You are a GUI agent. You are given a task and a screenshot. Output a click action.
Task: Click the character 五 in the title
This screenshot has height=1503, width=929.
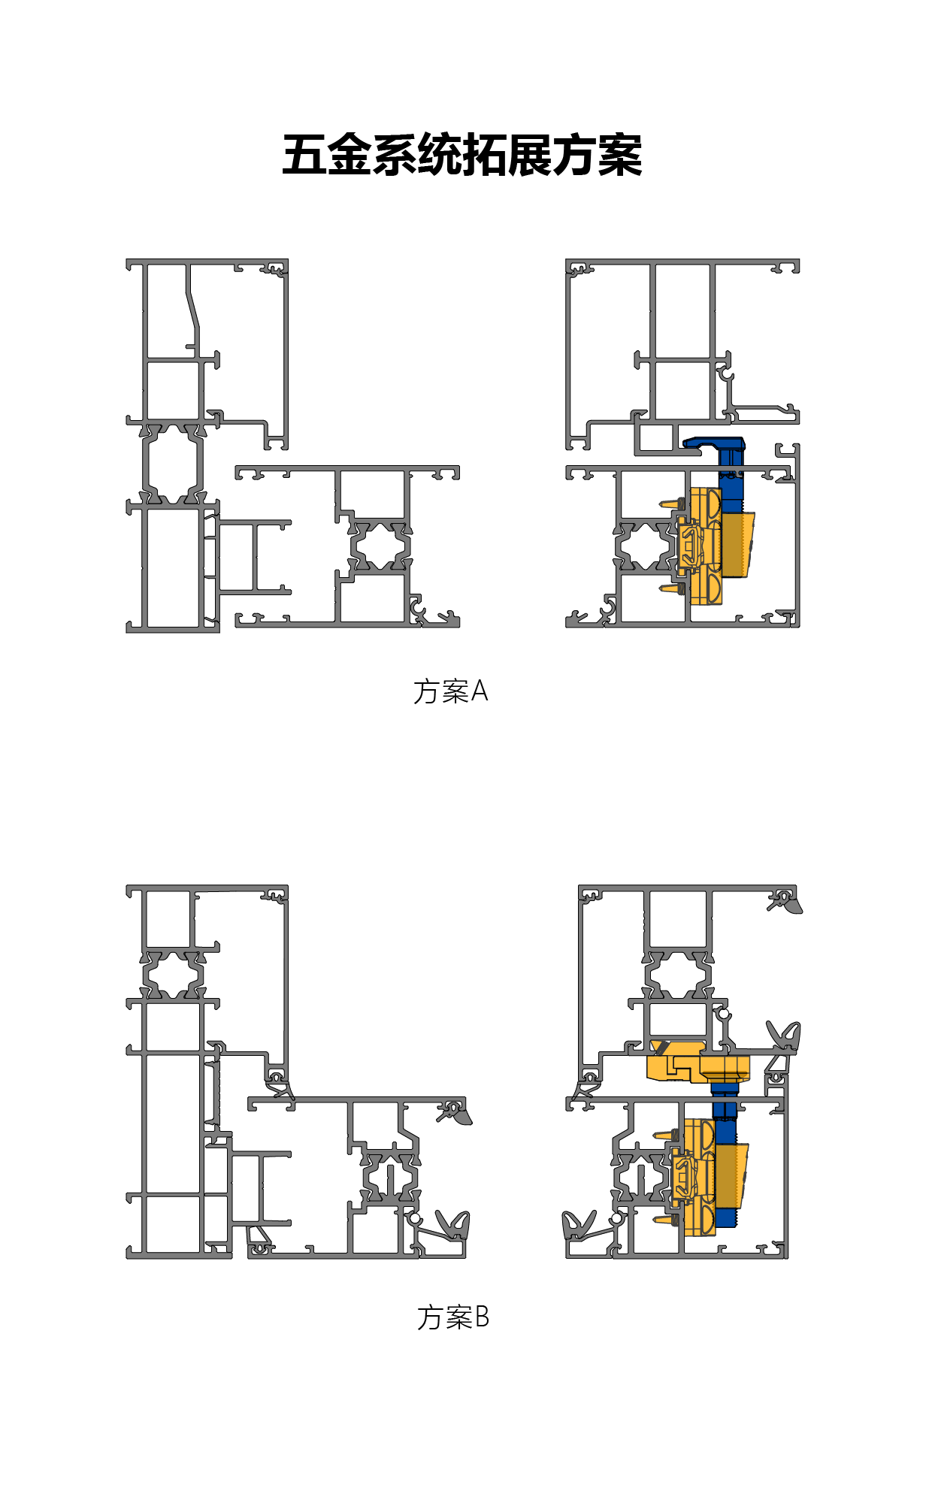[304, 156]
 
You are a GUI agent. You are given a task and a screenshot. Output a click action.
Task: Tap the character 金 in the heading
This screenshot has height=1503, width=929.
[350, 156]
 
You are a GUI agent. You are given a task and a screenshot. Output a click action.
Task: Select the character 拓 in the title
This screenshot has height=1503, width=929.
[485, 156]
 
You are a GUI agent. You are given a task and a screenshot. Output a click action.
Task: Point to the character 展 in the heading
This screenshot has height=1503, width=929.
[530, 156]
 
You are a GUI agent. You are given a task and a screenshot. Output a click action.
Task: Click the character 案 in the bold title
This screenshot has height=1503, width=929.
[620, 156]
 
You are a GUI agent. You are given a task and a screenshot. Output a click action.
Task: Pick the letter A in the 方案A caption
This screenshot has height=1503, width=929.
[480, 691]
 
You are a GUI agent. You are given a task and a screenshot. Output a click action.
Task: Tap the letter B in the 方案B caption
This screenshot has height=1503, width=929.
[482, 1317]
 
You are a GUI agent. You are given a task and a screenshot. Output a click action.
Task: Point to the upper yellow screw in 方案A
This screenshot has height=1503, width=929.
[671, 503]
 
